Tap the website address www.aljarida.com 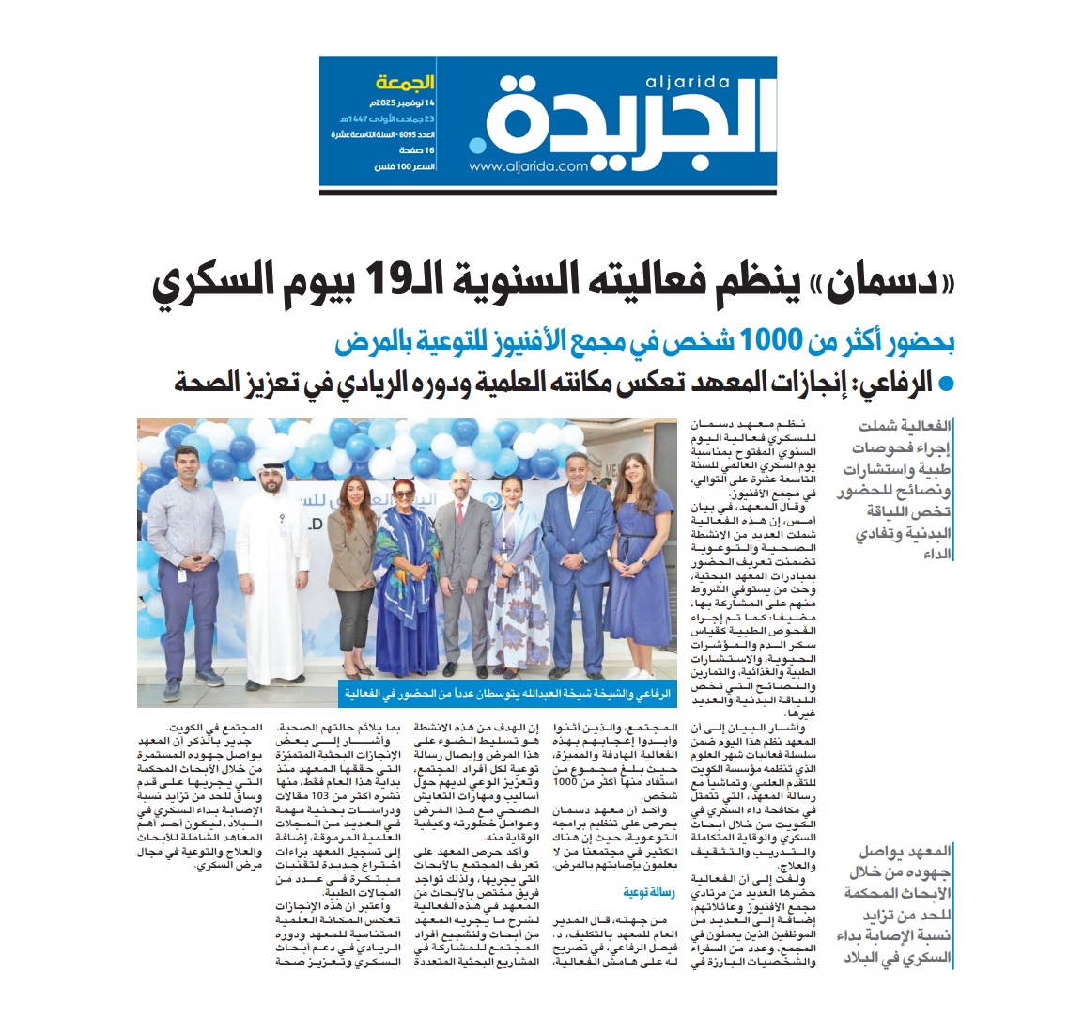[x=529, y=167]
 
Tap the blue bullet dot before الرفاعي [x=947, y=383]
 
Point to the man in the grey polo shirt [x=186, y=564]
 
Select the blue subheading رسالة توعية [x=649, y=892]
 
